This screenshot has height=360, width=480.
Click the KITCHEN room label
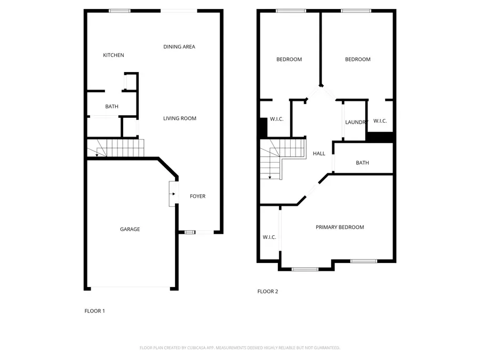point(113,55)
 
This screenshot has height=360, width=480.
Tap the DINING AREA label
point(179,47)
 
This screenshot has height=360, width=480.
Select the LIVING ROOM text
point(180,118)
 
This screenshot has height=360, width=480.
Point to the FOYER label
point(198,196)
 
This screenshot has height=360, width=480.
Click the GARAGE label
point(130,229)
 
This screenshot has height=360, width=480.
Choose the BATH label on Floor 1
point(111,107)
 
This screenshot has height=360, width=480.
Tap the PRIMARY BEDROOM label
point(340,227)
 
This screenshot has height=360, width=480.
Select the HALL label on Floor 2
point(319,154)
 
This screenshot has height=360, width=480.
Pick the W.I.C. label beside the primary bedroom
point(269,237)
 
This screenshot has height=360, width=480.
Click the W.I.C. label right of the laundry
point(380,121)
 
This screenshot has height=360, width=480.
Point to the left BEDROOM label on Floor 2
point(289,59)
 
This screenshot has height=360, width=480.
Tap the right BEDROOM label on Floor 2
point(357,59)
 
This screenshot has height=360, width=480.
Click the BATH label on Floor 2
point(363,163)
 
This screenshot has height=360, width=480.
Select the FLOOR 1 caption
point(95,311)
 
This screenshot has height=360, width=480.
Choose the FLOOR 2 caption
point(268,292)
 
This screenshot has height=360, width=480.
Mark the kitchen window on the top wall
point(120,11)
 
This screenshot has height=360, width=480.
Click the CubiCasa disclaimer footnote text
point(239,348)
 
